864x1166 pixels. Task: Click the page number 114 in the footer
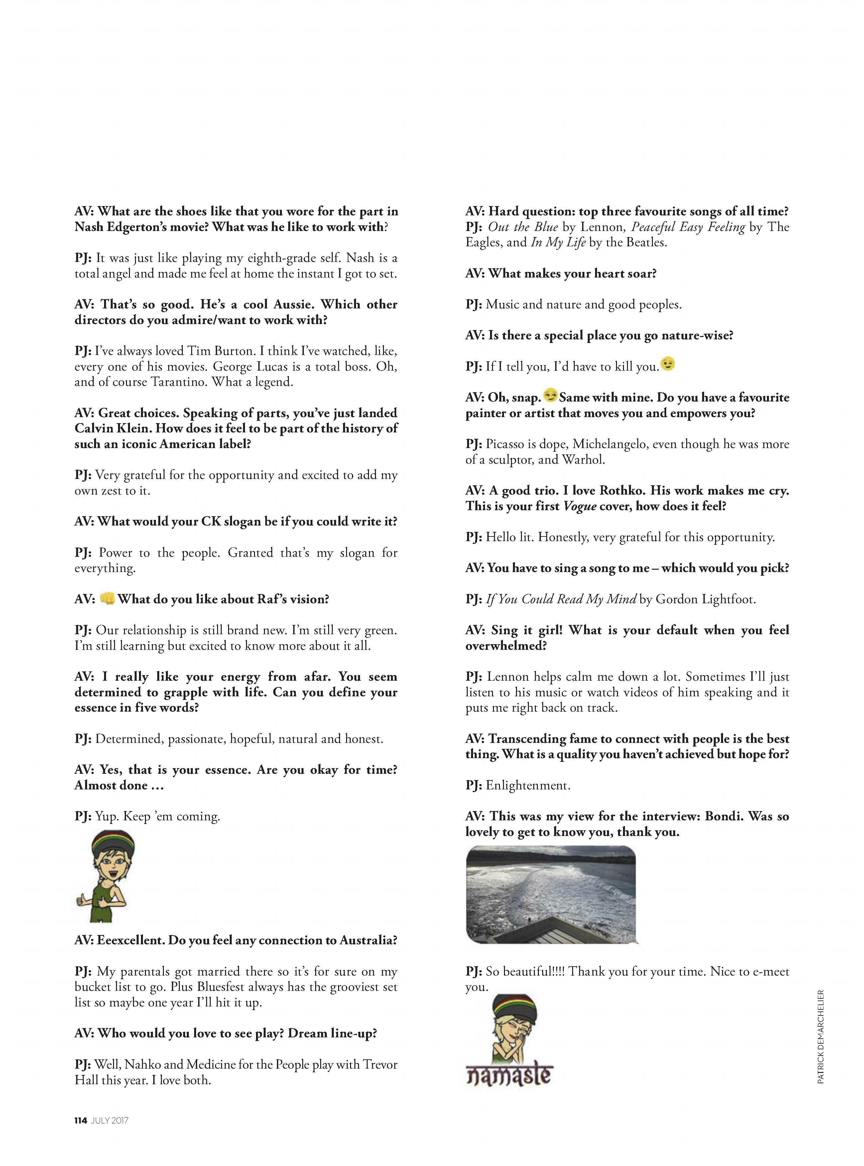(80, 1120)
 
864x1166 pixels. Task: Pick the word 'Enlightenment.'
(528, 785)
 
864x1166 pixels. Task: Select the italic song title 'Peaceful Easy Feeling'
(688, 227)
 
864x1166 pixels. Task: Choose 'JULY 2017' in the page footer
(110, 1120)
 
